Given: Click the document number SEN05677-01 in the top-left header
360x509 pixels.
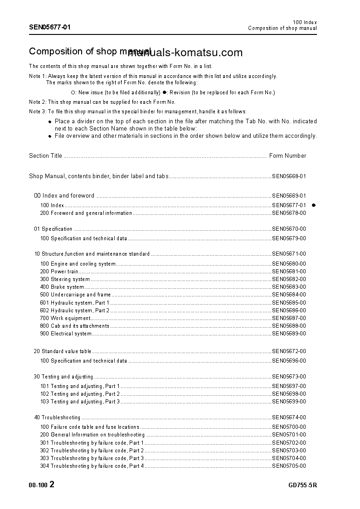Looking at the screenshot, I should click(x=50, y=27).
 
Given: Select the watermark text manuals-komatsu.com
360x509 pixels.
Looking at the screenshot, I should click(x=185, y=53).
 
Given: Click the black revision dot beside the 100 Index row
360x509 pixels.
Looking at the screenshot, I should click(x=313, y=205).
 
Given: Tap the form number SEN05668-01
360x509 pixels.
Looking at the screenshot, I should click(x=289, y=176).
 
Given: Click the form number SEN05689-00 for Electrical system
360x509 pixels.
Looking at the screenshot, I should click(x=289, y=334).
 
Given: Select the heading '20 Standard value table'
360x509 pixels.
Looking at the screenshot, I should click(x=63, y=351).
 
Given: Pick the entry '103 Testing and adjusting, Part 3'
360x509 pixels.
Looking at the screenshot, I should click(x=80, y=402).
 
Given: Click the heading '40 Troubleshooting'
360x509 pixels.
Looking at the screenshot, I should click(x=57, y=417).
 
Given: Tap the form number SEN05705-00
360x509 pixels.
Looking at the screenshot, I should click(x=289, y=466).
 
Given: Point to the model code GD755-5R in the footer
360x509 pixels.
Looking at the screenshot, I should click(x=302, y=485).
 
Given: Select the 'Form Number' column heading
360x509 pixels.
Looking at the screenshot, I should click(x=287, y=156).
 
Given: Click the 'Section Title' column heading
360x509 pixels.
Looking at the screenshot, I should click(x=45, y=156).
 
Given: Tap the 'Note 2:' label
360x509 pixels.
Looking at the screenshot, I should click(x=38, y=102).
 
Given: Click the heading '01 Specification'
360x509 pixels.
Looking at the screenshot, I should click(x=53, y=229).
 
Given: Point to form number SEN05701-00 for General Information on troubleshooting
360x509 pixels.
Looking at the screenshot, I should click(x=289, y=435).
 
